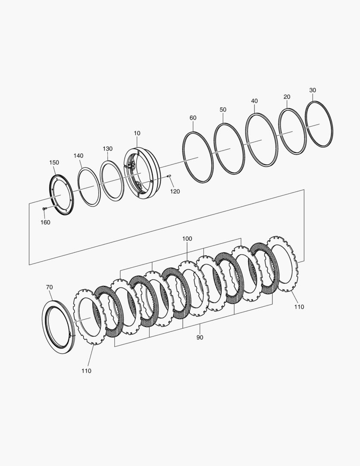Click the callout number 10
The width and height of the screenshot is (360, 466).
tap(137, 133)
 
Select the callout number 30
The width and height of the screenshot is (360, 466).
tap(313, 90)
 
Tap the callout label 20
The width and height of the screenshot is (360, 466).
tap(287, 97)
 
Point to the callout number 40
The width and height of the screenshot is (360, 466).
tap(254, 101)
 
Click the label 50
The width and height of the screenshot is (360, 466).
tap(222, 110)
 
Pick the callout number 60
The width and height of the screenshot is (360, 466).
tap(193, 118)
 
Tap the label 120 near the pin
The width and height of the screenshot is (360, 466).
tap(175, 191)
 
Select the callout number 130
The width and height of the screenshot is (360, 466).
tap(107, 148)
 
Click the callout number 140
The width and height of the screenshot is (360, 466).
tap(78, 155)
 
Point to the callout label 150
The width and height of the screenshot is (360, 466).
tap(54, 163)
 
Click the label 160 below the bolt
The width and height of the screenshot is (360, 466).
tap(45, 222)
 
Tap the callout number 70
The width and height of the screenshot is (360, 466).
tap(50, 287)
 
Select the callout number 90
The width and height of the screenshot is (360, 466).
tap(200, 337)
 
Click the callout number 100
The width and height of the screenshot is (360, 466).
tap(187, 239)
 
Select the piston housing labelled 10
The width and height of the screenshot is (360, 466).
tap(142, 173)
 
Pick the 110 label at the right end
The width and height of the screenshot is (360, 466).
tap(299, 307)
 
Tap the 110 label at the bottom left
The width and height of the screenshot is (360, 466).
tap(86, 371)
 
